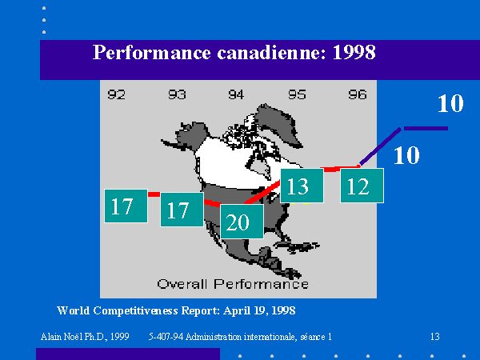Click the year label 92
pyautogui.click(x=116, y=94)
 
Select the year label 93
pyautogui.click(x=177, y=94)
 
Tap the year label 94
pyautogui.click(x=236, y=94)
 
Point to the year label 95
pyautogui.click(x=297, y=94)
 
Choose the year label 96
pyautogui.click(x=358, y=94)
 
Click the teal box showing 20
pyautogui.click(x=242, y=222)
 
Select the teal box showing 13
pyautogui.click(x=302, y=186)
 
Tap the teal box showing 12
pyautogui.click(x=362, y=186)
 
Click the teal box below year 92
pyautogui.click(x=126, y=206)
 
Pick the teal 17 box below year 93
pyautogui.click(x=182, y=210)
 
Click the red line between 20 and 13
pyautogui.click(x=262, y=192)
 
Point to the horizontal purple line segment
pyautogui.click(x=426, y=128)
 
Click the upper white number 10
pyautogui.click(x=450, y=103)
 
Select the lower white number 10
pyautogui.click(x=406, y=155)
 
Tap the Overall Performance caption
pyautogui.click(x=233, y=284)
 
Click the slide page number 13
pyautogui.click(x=434, y=337)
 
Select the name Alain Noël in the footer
pyautogui.click(x=62, y=337)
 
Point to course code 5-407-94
pyautogui.click(x=166, y=337)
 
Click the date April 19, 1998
pyautogui.click(x=259, y=310)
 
